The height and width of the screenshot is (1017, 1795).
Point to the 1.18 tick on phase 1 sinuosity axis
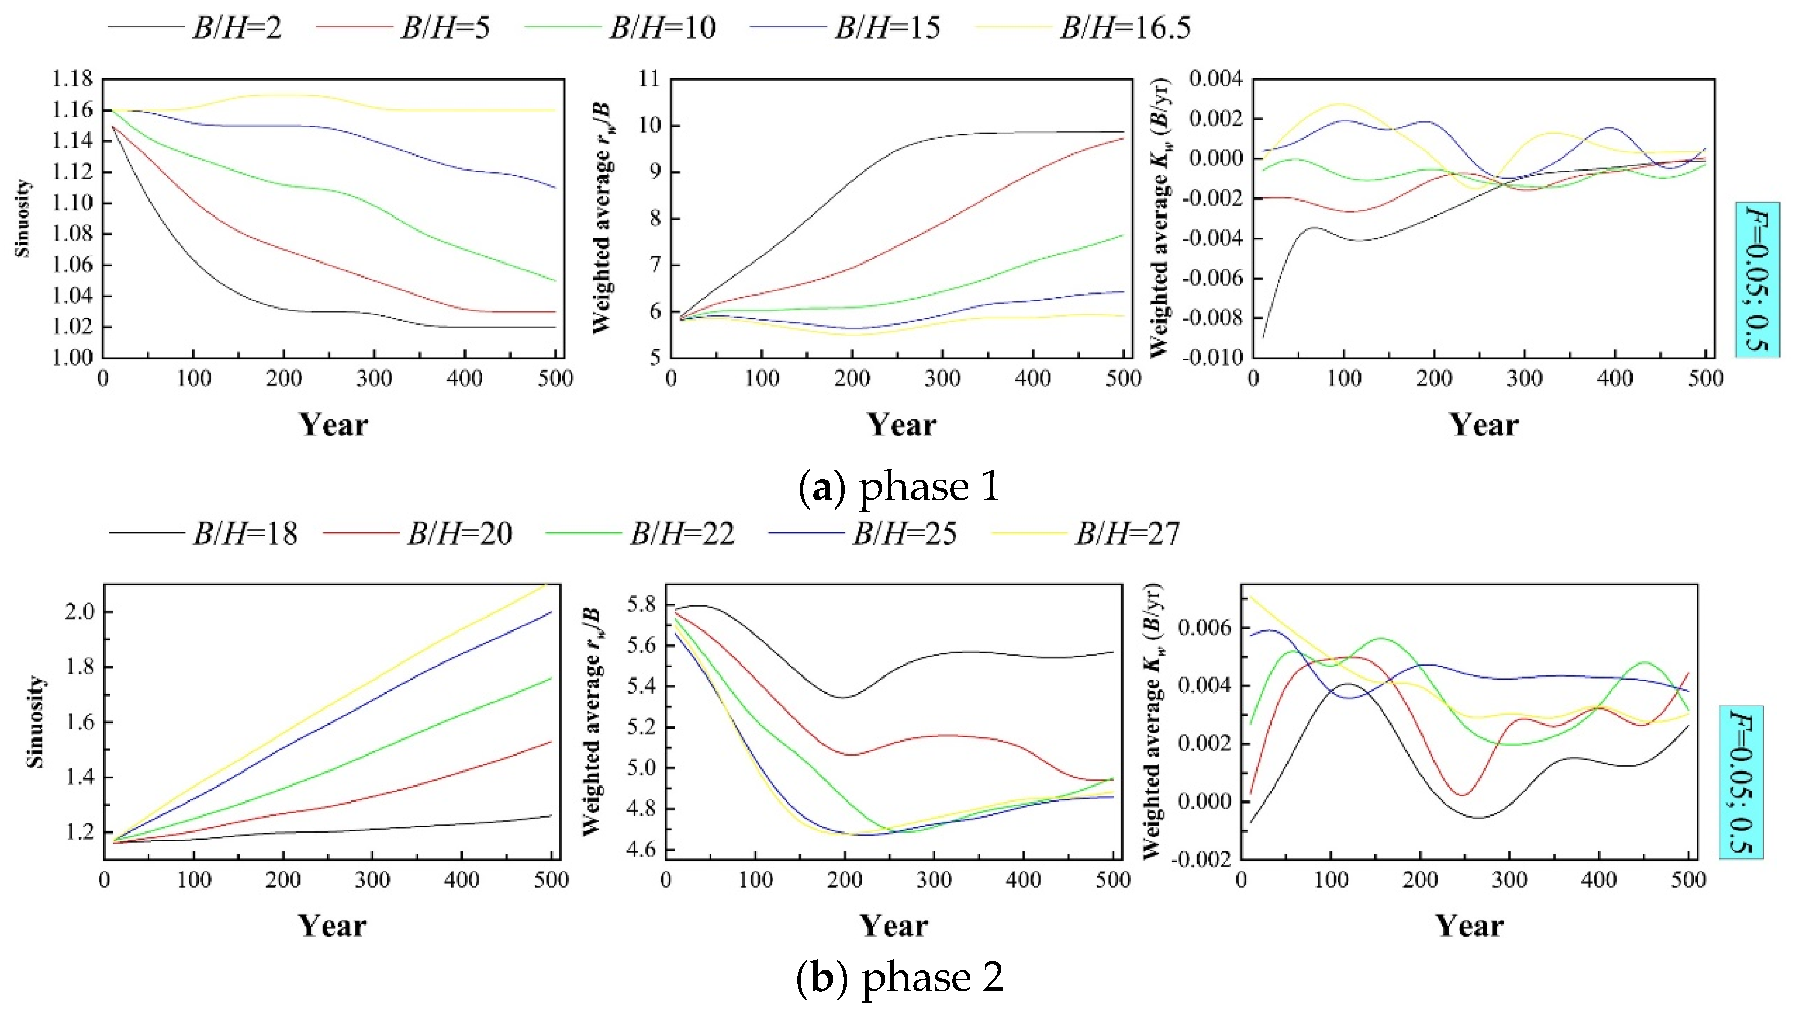tap(73, 79)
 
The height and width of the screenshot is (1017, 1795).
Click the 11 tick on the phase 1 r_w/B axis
tap(649, 79)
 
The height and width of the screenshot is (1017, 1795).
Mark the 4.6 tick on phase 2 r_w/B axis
tap(640, 850)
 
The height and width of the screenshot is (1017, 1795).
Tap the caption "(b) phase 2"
tap(900, 977)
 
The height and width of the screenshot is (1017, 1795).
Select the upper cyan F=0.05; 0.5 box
tap(1757, 279)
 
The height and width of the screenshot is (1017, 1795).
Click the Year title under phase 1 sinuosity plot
tap(334, 425)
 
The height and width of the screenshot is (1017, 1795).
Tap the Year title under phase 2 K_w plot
tap(1469, 926)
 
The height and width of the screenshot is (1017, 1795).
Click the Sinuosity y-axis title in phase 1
tap(23, 218)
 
